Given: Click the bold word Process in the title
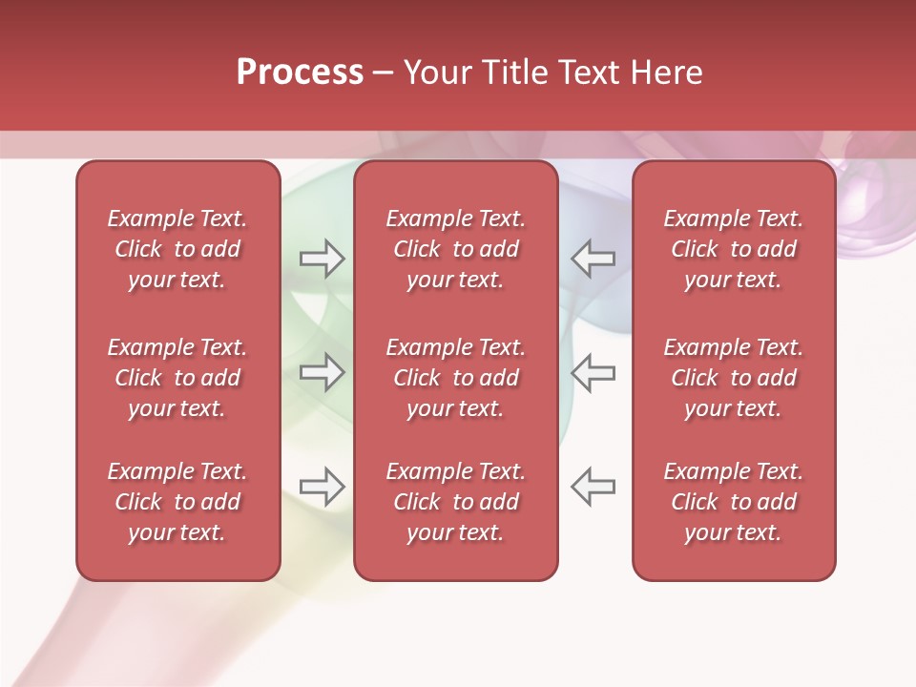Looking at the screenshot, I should [x=300, y=73].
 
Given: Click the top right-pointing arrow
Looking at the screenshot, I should [x=322, y=259].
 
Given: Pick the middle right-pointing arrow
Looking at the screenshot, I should [x=322, y=371].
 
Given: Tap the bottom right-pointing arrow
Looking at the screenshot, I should [x=322, y=487].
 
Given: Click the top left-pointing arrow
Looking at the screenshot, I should [x=593, y=259].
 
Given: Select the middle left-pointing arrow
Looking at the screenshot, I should [x=593, y=371].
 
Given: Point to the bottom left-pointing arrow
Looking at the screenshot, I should [x=593, y=487].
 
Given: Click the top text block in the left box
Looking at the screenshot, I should [x=177, y=249].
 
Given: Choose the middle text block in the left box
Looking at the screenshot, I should [x=177, y=378].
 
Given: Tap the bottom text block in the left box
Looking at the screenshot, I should [x=177, y=502].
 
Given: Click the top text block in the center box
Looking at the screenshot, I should [x=455, y=249].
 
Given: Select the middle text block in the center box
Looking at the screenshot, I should [x=455, y=378].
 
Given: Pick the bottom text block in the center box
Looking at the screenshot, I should [x=455, y=502].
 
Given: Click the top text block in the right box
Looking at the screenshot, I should [x=733, y=249].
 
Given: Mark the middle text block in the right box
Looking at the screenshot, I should [x=733, y=378].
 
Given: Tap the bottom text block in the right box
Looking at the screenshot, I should [x=733, y=502].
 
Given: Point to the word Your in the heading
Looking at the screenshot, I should [x=436, y=73].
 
